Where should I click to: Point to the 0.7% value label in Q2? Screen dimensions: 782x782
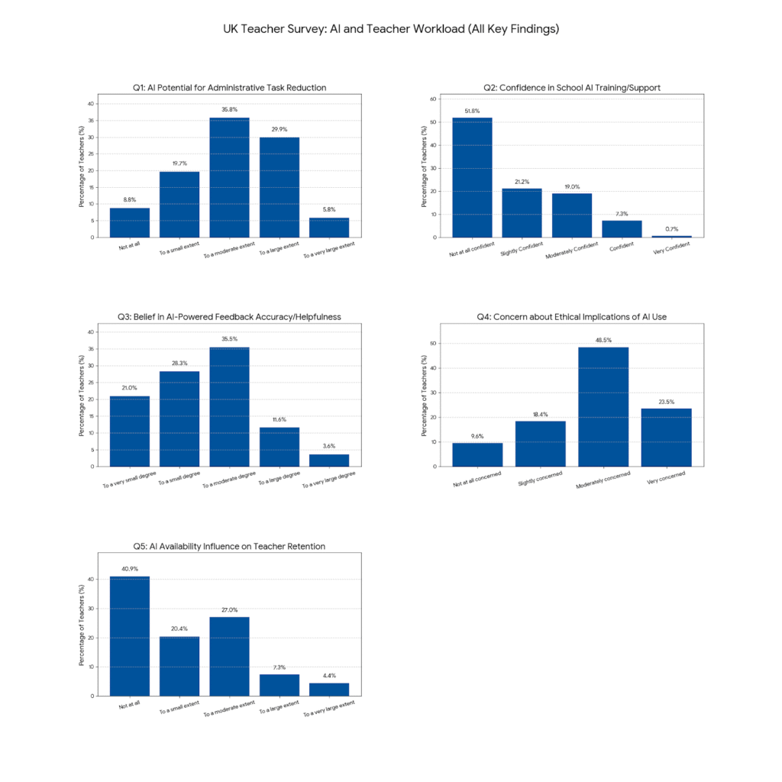click(x=672, y=229)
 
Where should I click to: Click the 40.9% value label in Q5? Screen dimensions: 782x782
click(x=130, y=569)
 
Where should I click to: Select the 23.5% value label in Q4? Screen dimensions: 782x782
click(x=666, y=402)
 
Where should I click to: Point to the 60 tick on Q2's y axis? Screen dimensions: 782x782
click(x=432, y=99)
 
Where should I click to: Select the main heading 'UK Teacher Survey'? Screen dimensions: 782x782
click(x=391, y=29)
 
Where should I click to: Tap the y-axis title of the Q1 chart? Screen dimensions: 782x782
click(x=82, y=169)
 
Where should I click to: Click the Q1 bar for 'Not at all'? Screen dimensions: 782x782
click(x=130, y=222)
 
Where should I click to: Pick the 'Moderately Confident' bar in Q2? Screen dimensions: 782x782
click(x=572, y=215)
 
